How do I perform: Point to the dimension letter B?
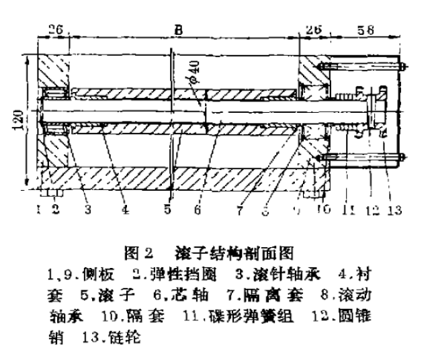[177, 30]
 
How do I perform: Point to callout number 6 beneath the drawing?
[197, 209]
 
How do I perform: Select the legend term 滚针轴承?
[286, 274]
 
